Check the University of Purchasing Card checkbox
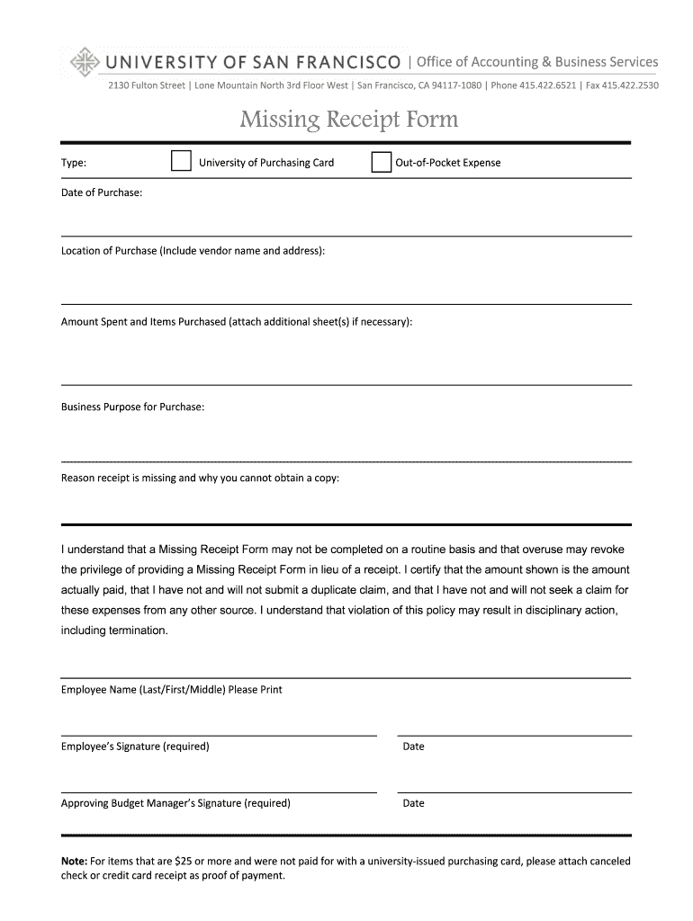[x=182, y=162]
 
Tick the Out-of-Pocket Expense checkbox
[x=382, y=162]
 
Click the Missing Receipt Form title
[x=348, y=120]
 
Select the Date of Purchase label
[x=101, y=192]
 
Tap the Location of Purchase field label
[x=193, y=250]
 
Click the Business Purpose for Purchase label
[x=132, y=407]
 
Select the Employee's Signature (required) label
[x=135, y=747]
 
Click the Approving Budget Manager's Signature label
[x=175, y=803]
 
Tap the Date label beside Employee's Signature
[x=413, y=747]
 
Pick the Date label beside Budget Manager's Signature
[x=413, y=803]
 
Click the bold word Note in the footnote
[x=74, y=861]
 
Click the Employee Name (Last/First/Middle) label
[x=171, y=690]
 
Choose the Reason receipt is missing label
[x=200, y=478]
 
